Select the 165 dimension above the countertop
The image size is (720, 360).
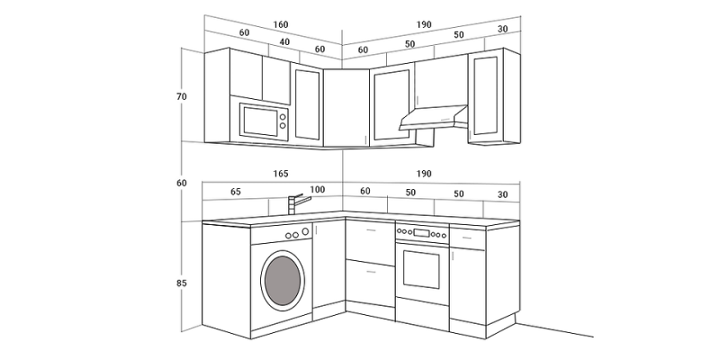click(x=280, y=173)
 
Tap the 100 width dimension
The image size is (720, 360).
click(x=317, y=191)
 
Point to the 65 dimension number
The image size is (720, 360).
click(x=236, y=191)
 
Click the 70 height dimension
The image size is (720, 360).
click(x=182, y=96)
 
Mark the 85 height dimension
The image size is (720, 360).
click(x=182, y=283)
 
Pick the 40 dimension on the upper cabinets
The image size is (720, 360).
click(x=284, y=41)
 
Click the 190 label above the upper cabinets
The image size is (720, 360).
click(x=424, y=23)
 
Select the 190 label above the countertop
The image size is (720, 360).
click(x=424, y=173)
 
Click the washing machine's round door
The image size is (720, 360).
click(x=283, y=281)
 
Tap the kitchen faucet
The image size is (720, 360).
click(x=294, y=203)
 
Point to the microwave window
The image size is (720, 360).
click(x=259, y=121)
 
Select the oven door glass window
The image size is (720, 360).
click(x=421, y=270)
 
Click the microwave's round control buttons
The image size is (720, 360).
click(x=283, y=121)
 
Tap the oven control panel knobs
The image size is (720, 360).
click(x=422, y=234)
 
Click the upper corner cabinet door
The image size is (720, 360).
click(x=346, y=108)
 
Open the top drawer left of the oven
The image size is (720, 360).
click(x=370, y=241)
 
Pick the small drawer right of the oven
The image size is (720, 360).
click(x=467, y=239)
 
